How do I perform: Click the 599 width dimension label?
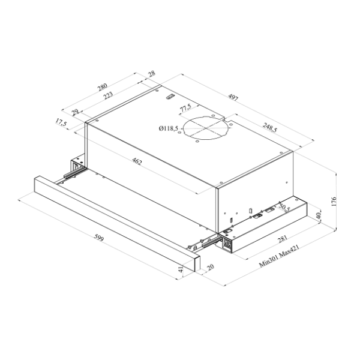coord(99,238)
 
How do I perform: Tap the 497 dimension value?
coord(233,98)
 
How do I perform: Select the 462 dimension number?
coord(137,161)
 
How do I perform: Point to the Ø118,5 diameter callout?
coord(169,128)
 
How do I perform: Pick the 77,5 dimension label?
coord(185,108)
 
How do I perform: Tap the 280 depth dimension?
coord(103,87)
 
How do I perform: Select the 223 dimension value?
coord(108,95)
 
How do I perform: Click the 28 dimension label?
coord(152,74)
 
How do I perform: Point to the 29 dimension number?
coord(76,112)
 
